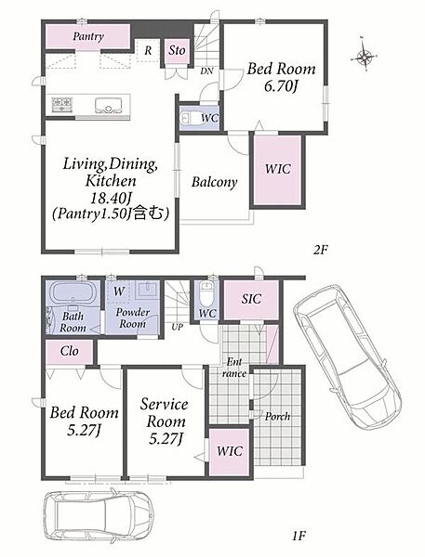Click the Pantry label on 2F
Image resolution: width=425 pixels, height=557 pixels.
(88, 36)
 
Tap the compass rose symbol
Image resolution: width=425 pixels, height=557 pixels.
(365, 56)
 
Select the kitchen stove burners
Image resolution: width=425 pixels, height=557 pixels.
(62, 104)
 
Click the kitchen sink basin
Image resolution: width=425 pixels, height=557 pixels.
(109, 106)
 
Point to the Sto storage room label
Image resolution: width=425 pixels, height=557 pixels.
(177, 50)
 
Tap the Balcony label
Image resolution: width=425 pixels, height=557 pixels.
(214, 182)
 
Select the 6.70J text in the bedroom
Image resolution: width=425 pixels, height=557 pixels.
(281, 86)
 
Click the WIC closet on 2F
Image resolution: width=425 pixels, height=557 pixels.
(278, 170)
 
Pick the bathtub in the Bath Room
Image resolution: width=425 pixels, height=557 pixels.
(73, 293)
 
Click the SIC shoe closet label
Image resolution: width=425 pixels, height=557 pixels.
(251, 299)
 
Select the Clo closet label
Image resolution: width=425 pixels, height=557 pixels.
(70, 351)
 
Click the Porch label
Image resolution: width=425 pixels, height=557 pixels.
(277, 416)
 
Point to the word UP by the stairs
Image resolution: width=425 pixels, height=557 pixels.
(177, 327)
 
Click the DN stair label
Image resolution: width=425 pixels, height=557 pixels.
(206, 71)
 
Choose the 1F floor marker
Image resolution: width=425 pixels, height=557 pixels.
(299, 536)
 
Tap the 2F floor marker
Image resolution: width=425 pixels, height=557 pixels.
(320, 250)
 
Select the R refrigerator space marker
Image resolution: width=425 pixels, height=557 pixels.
(148, 50)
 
